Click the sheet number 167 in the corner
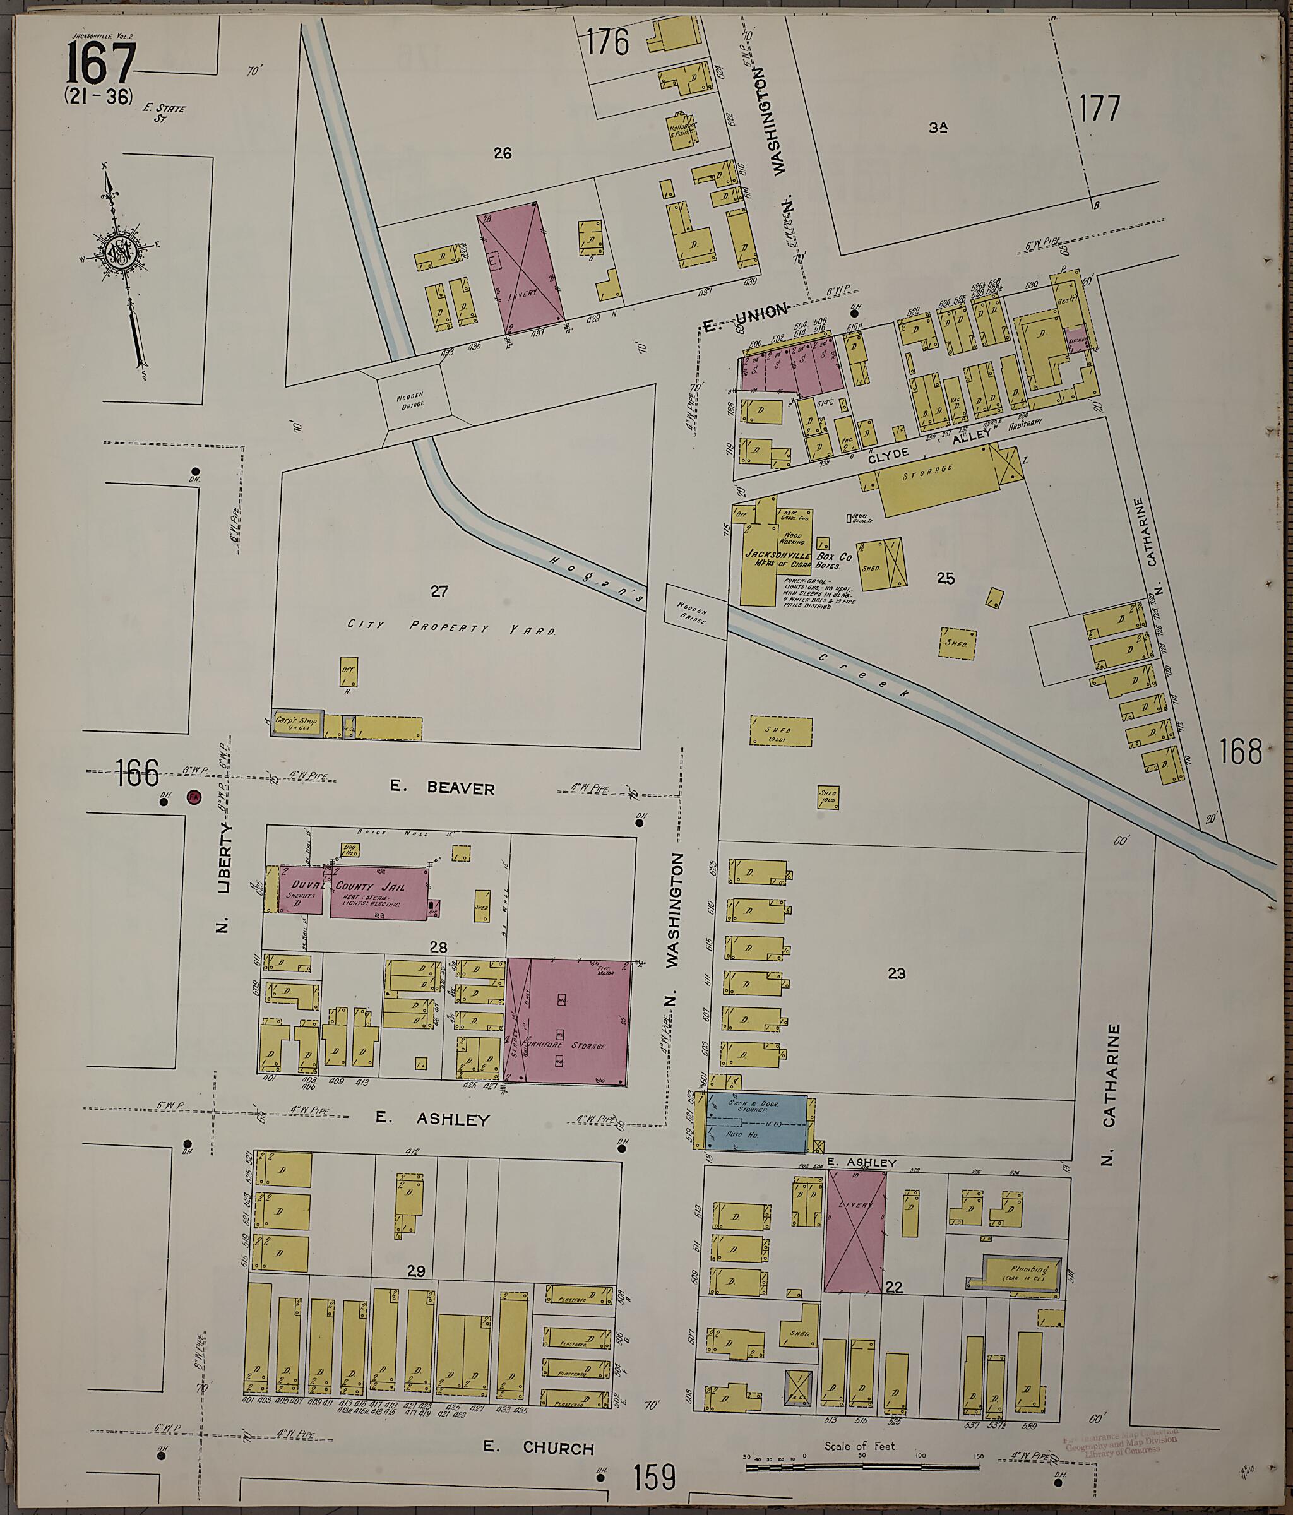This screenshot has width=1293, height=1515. [101, 64]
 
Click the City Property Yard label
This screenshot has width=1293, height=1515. [451, 627]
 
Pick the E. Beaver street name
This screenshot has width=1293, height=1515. [442, 788]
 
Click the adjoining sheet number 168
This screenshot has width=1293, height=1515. [1241, 751]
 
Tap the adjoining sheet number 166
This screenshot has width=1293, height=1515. [137, 773]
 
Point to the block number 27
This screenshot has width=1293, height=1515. [439, 591]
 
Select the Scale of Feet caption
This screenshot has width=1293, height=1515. [860, 1446]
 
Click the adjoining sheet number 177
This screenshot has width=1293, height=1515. [1099, 110]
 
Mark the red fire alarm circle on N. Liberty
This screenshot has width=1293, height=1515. [193, 798]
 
